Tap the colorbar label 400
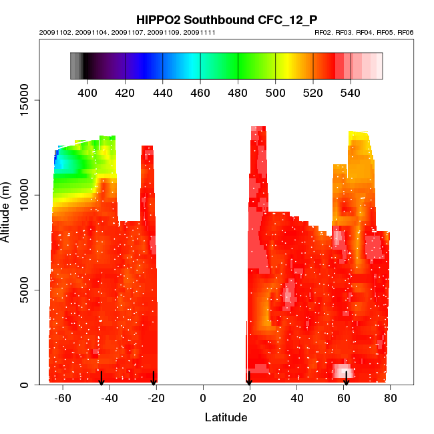(x=88, y=92)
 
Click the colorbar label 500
(x=276, y=92)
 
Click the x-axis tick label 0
(x=203, y=399)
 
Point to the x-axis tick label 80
(x=391, y=399)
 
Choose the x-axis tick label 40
(x=297, y=399)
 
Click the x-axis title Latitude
(x=226, y=418)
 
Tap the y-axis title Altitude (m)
(x=8, y=211)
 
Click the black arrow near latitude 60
(x=346, y=379)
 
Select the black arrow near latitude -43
(x=101, y=379)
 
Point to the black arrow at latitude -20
(x=154, y=379)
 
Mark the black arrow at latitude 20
(x=249, y=379)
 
